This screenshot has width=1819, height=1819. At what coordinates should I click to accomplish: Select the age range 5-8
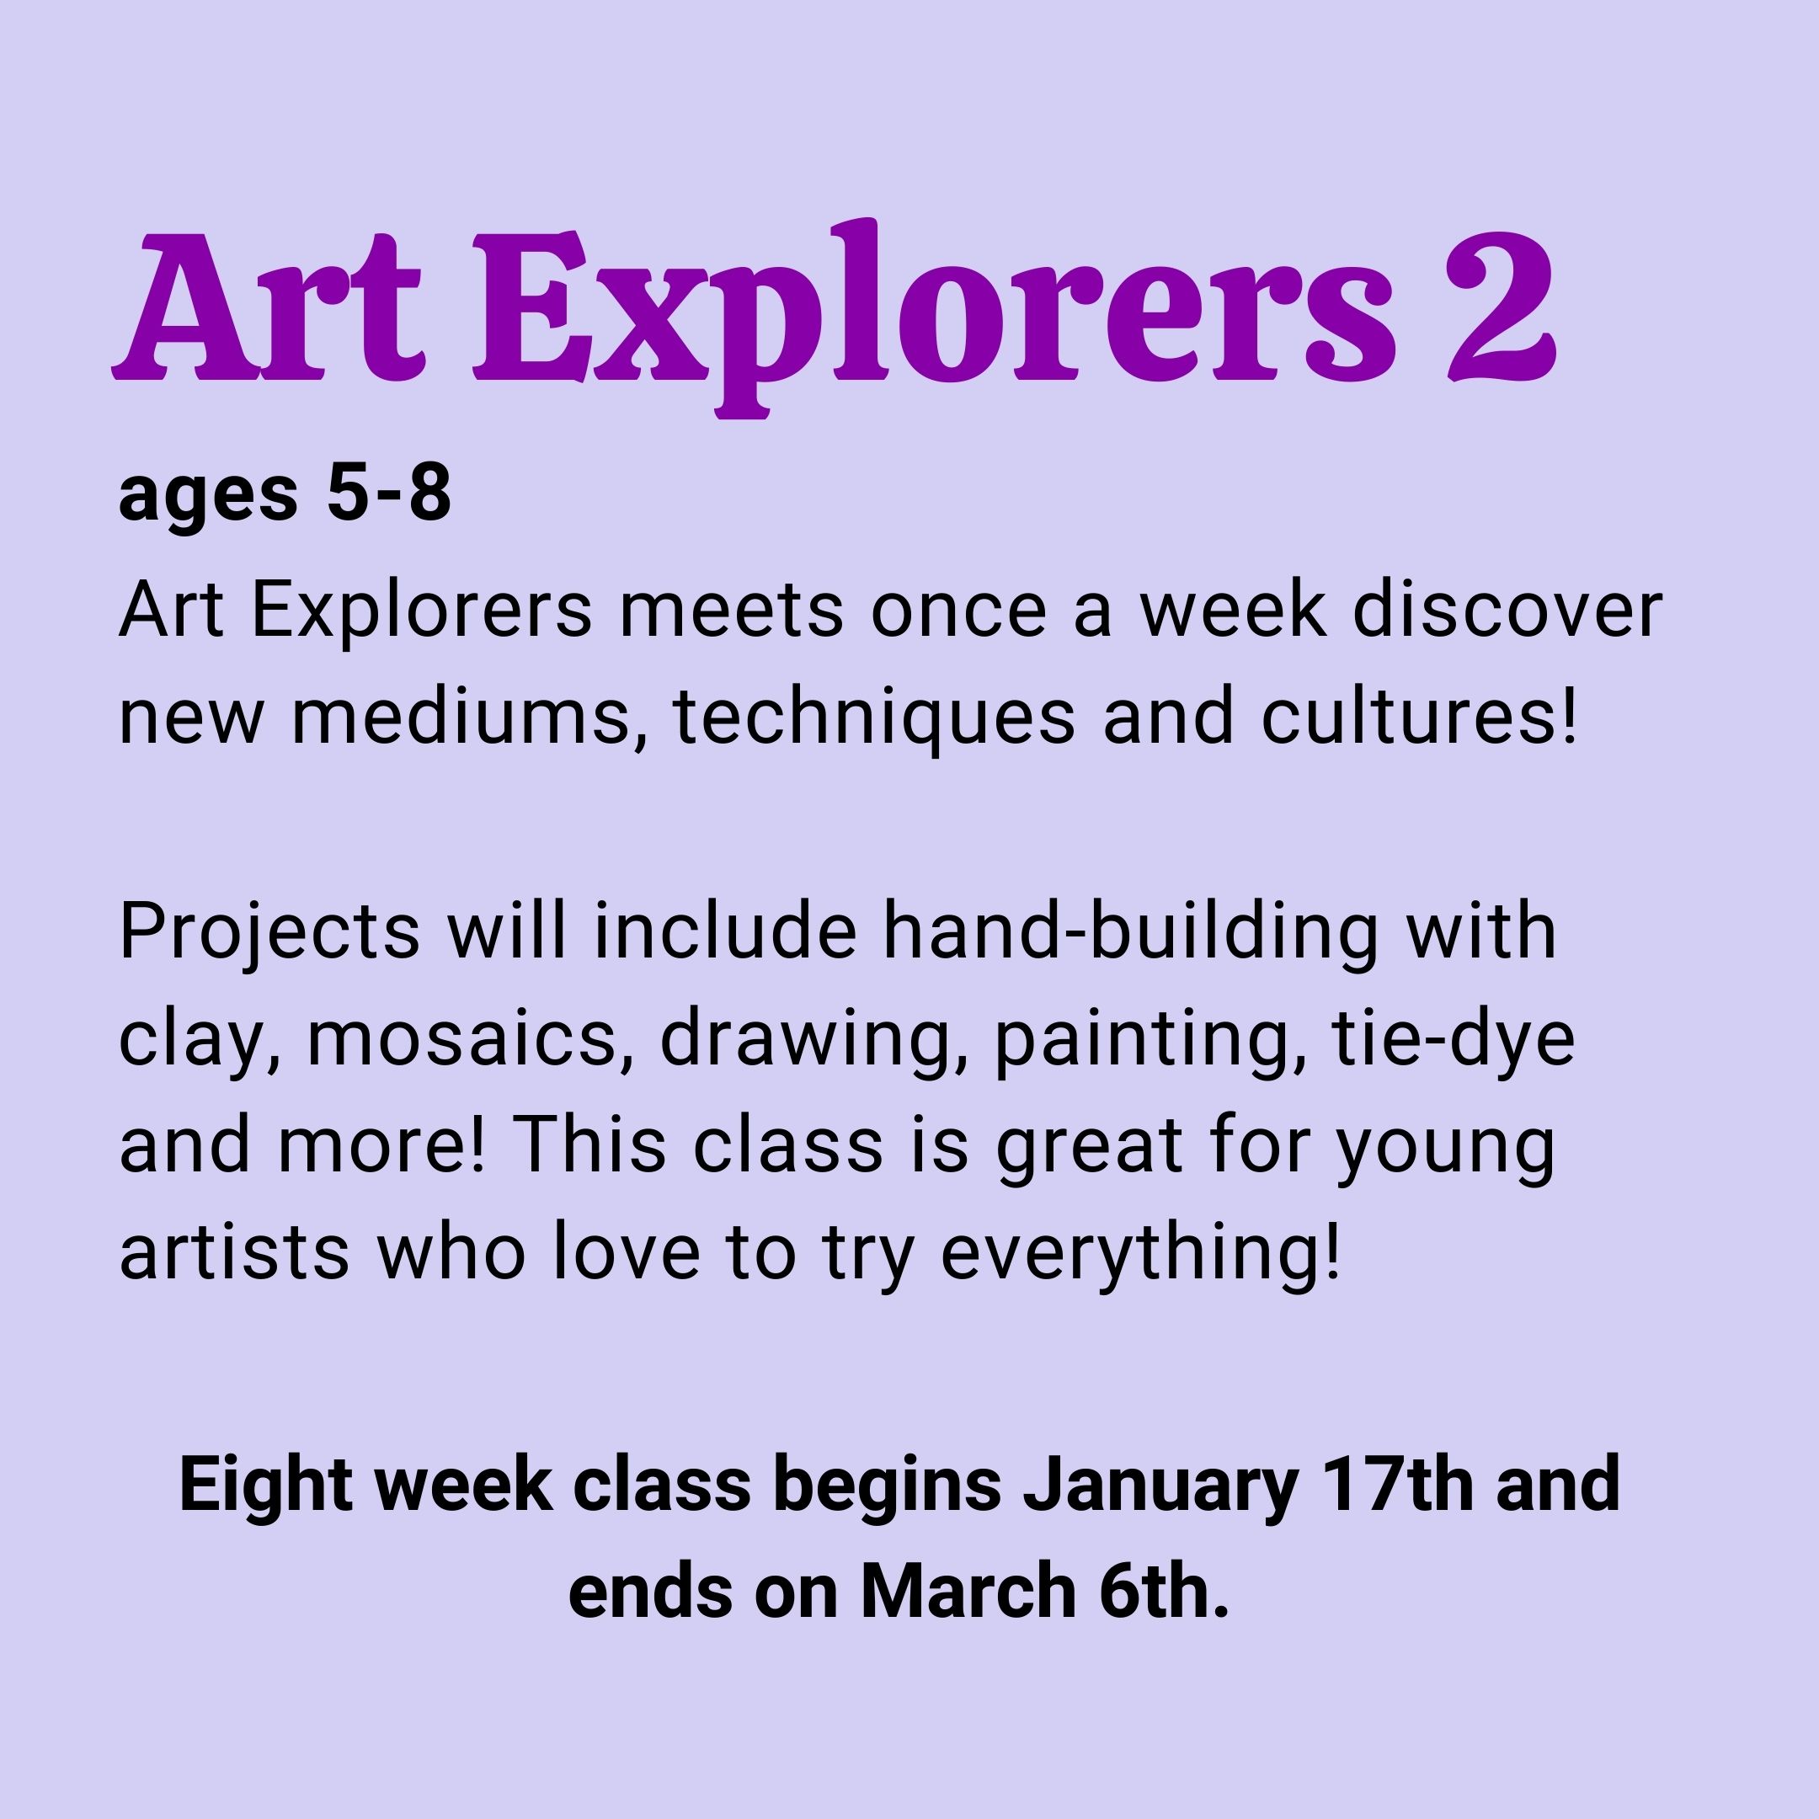click(389, 493)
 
